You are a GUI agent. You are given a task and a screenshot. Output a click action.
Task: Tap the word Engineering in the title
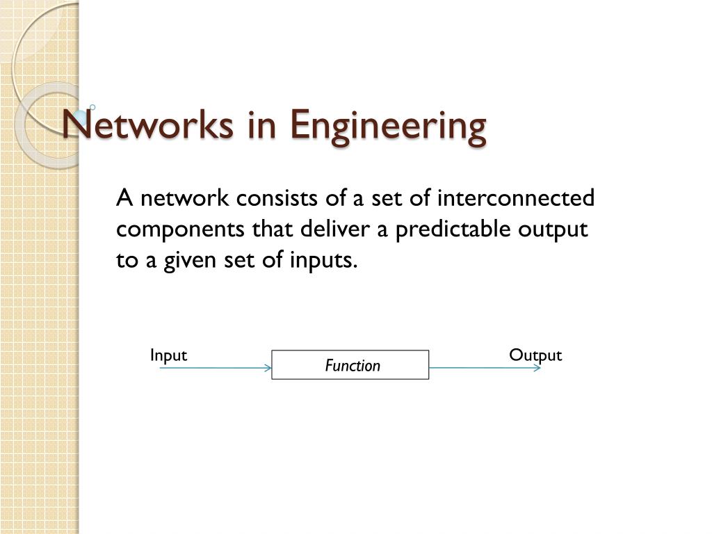pos(388,128)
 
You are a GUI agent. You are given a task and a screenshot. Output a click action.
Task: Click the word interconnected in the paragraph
pos(516,197)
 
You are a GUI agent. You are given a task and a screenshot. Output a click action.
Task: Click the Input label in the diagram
pos(168,355)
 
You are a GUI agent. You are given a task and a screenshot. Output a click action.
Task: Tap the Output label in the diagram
pos(535,355)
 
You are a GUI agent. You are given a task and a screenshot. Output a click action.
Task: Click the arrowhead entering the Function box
pos(268,368)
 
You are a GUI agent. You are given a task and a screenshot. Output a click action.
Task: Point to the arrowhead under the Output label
pos(537,368)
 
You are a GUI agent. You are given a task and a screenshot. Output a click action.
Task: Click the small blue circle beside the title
pos(92,108)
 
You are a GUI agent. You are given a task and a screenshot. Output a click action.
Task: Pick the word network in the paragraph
pos(185,198)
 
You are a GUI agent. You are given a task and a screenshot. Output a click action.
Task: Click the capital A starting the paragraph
pos(125,198)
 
